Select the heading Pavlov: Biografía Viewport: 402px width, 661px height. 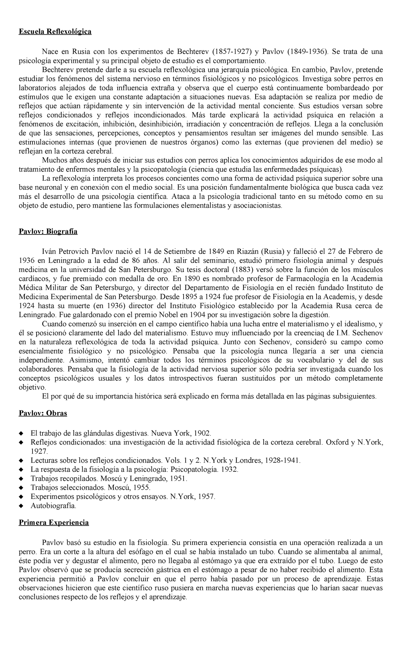pos(48,231)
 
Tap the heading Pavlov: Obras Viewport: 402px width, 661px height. pos(43,413)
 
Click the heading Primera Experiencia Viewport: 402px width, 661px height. pos(54,523)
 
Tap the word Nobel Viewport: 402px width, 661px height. pos(156,315)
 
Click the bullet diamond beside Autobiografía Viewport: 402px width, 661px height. pos(21,506)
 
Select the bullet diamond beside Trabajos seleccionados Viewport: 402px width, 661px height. pos(21,488)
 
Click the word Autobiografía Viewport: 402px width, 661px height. pos(53,506)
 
